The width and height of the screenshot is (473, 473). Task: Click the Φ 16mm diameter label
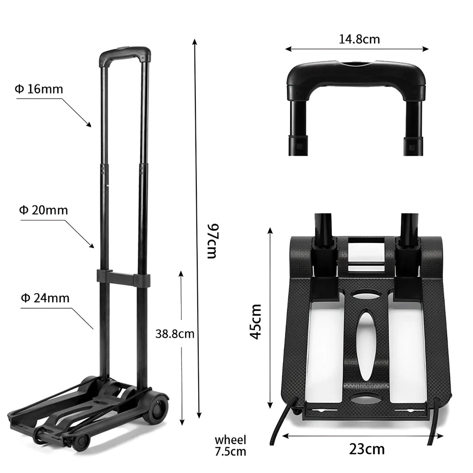coord(39,89)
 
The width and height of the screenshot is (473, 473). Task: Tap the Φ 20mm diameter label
coord(43,211)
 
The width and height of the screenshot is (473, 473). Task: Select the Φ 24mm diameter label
coord(45,298)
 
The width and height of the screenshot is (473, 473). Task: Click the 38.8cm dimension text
coord(175,334)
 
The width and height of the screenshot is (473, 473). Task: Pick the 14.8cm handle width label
coord(359,39)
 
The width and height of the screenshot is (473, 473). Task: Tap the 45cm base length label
coord(255,321)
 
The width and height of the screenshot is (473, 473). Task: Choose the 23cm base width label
coord(367,449)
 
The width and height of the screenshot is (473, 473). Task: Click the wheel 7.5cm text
coord(230,446)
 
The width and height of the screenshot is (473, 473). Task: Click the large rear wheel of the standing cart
coord(156,406)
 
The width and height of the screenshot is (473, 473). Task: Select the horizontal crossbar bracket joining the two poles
coord(123,279)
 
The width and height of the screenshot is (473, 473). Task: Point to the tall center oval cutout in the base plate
coord(366,344)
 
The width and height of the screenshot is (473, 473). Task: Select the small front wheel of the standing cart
coord(81,442)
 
